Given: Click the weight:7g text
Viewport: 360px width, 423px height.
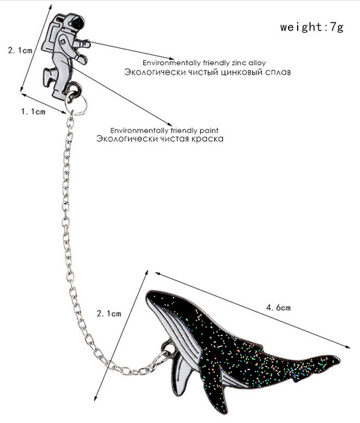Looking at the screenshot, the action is [312, 27].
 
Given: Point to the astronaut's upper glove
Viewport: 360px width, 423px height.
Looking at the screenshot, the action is [86, 43].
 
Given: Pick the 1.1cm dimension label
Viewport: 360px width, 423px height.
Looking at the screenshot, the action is [34, 111].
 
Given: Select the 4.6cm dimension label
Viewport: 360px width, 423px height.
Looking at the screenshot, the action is [278, 307].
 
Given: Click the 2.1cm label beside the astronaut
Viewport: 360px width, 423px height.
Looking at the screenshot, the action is [20, 50].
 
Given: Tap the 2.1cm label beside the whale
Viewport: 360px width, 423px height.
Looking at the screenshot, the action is [109, 313].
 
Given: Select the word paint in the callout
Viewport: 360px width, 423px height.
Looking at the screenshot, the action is [209, 130].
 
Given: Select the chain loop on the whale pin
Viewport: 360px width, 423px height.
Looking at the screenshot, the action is [168, 348].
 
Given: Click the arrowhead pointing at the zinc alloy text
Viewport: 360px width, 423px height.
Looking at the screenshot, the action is [171, 58].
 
